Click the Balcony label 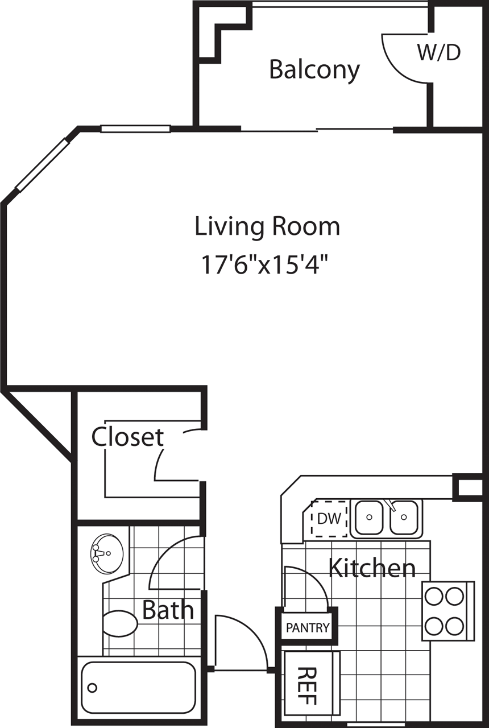tap(314, 70)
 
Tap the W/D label tap(439, 52)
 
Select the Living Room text tap(267, 226)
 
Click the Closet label tap(128, 437)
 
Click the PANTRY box tap(308, 627)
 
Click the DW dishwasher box tap(329, 519)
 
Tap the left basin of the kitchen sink tap(369, 518)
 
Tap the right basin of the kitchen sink tap(404, 518)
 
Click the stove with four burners tap(448, 611)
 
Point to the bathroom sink tap(107, 552)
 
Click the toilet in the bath tap(119, 623)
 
